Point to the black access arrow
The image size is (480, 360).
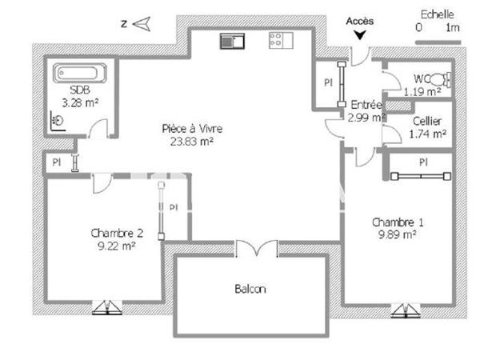359,34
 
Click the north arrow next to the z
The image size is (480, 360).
141,24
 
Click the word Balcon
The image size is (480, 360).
250,289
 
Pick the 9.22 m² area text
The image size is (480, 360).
116,246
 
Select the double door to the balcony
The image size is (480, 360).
256,250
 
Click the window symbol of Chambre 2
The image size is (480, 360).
106,307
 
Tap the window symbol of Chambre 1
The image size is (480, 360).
406,310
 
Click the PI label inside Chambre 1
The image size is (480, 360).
423,162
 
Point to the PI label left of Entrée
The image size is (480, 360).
328,82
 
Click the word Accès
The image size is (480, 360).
359,22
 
